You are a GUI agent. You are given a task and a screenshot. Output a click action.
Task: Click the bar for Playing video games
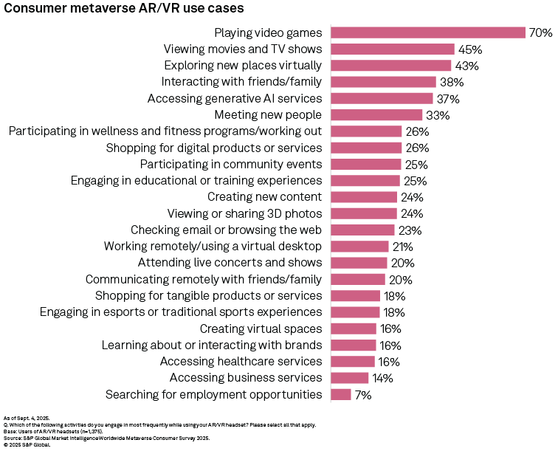(x=427, y=32)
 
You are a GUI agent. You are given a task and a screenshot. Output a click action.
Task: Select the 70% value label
(x=540, y=32)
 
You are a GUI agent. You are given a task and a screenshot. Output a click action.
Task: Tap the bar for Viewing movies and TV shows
(x=392, y=49)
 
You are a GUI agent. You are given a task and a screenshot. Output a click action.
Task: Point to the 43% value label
(x=467, y=66)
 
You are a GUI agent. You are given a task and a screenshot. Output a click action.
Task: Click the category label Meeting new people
(x=268, y=114)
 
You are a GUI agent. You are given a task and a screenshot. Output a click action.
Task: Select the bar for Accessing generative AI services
(x=382, y=98)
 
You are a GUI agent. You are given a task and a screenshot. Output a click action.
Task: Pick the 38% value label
(x=452, y=82)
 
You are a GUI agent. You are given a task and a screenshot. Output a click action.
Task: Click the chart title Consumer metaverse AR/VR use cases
(x=125, y=9)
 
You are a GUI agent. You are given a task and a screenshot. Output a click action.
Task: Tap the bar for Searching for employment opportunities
(x=340, y=394)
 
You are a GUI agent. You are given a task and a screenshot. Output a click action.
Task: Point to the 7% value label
(x=362, y=395)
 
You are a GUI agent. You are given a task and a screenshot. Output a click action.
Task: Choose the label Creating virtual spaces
(x=261, y=329)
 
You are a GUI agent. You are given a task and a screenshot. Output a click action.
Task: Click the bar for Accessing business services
(x=349, y=378)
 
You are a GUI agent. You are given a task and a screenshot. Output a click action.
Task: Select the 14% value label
(x=382, y=378)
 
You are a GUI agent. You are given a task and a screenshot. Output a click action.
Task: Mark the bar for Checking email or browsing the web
(x=362, y=230)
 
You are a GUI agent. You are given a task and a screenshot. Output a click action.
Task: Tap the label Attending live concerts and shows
(x=230, y=263)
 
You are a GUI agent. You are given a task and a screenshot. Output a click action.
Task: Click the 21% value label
(x=403, y=247)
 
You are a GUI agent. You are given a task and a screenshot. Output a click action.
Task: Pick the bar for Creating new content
(x=364, y=197)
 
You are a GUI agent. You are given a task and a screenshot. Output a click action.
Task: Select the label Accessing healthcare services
(x=241, y=362)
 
